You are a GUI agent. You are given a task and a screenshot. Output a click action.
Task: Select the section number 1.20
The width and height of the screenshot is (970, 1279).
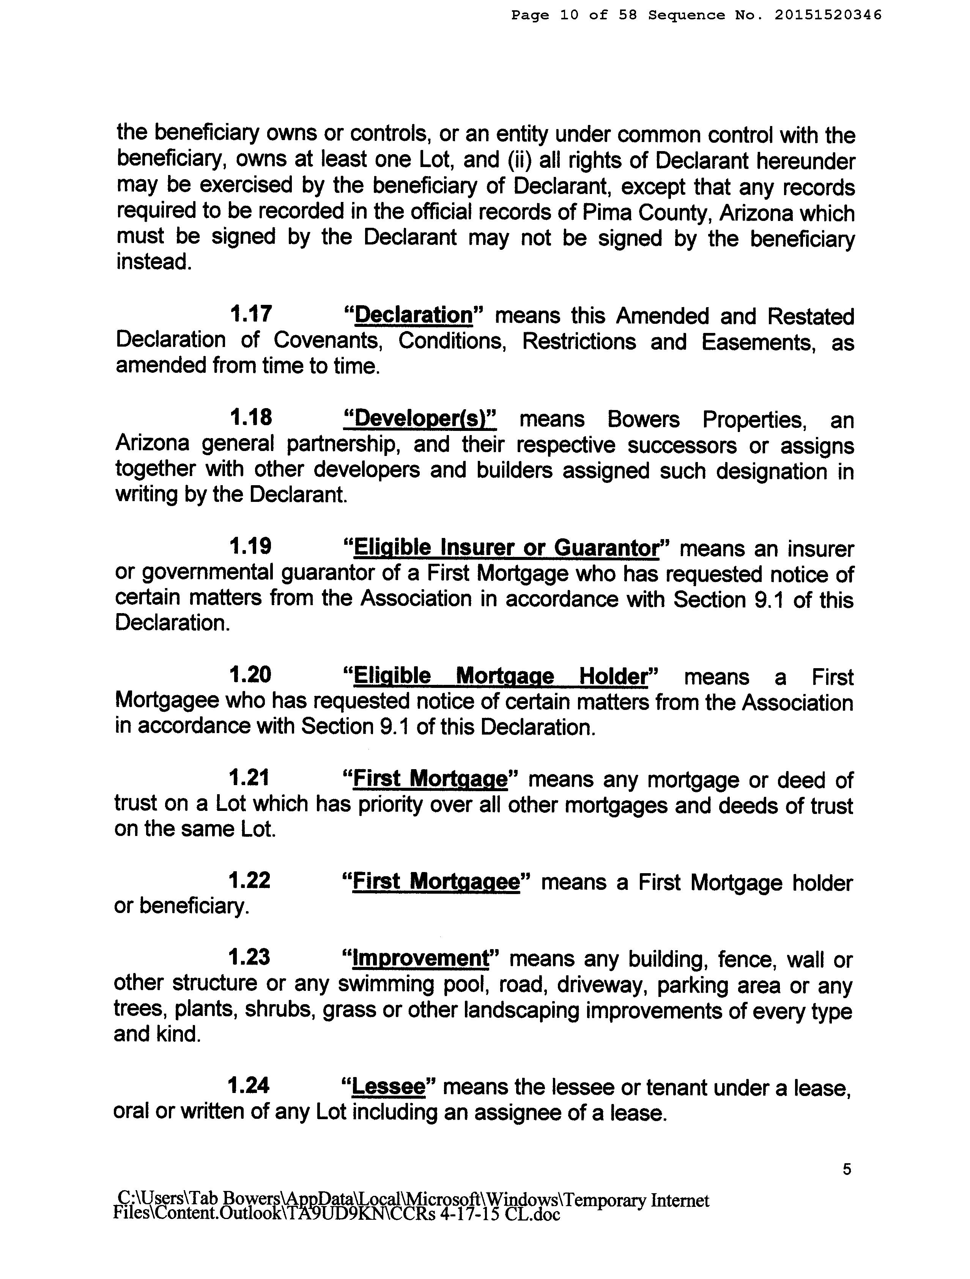click(250, 675)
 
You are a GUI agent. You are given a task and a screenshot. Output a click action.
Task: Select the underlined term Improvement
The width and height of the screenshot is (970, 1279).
click(421, 959)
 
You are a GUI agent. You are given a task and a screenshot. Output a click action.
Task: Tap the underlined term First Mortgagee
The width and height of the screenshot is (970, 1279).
click(436, 882)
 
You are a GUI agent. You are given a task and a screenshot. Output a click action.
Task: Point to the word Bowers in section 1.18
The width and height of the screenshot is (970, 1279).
click(643, 419)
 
